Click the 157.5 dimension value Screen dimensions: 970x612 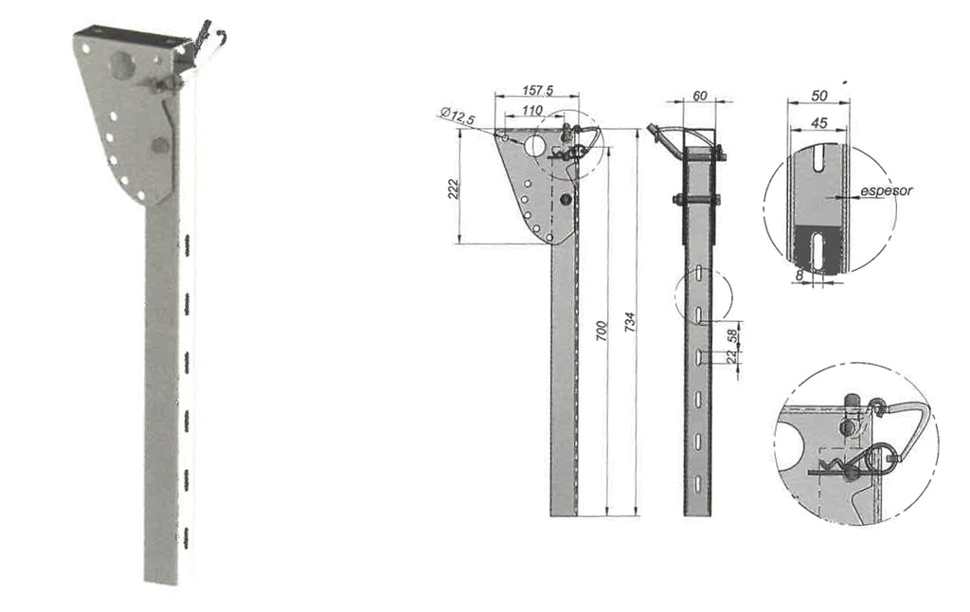coord(538,90)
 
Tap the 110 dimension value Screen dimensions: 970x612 coord(532,110)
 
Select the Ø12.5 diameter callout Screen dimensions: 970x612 coord(458,116)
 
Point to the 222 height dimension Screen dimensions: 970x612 coord(453,189)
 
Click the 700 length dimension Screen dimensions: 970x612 coord(602,332)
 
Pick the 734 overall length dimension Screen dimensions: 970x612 coord(630,323)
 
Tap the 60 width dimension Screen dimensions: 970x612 coord(700,96)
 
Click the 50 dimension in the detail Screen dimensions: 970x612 coord(819,96)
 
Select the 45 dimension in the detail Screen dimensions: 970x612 coord(819,123)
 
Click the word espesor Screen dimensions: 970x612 coord(886,190)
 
